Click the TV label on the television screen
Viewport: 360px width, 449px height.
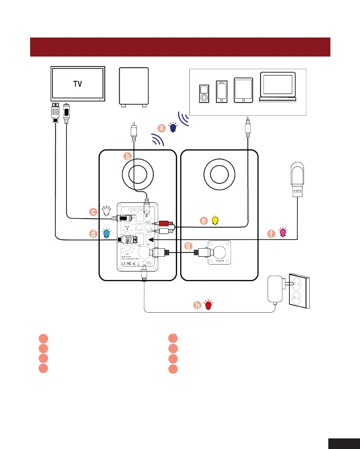[x=77, y=83]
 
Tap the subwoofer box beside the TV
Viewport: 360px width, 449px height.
[x=134, y=86]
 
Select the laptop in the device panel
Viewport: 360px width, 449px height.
[x=277, y=86]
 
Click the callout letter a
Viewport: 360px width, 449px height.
[x=163, y=127]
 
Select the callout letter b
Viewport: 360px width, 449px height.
[x=127, y=156]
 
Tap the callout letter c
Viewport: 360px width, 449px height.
[x=93, y=212]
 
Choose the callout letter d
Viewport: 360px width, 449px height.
[x=93, y=233]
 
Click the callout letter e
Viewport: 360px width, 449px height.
[x=204, y=221]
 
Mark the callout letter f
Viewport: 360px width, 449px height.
[x=271, y=232]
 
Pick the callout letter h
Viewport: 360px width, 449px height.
[x=197, y=305]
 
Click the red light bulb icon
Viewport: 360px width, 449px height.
[x=209, y=305]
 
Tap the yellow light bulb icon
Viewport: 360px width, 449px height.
[x=215, y=221]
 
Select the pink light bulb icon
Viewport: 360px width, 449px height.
[x=283, y=232]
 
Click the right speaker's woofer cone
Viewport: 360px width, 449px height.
[x=219, y=174]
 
